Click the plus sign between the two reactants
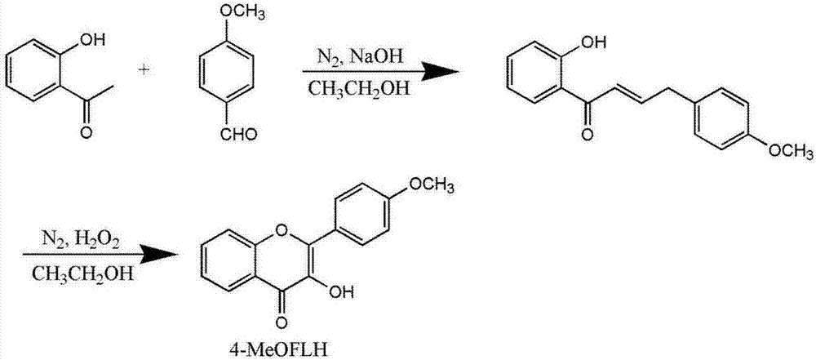pos(145,70)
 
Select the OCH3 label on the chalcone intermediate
pos(787,152)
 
